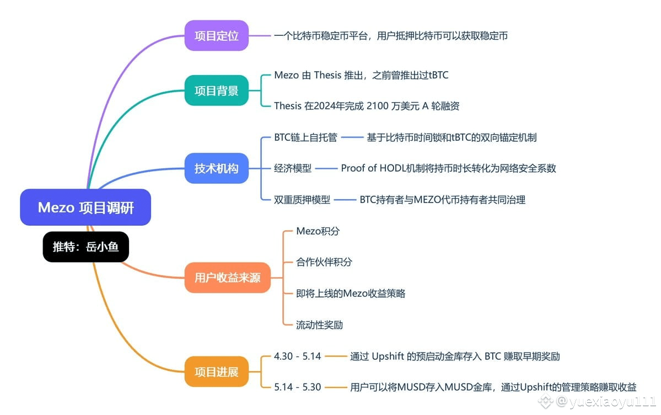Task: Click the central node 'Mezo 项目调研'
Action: click(85, 208)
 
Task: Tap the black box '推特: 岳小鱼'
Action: click(85, 247)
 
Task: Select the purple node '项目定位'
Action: click(216, 35)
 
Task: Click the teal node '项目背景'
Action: click(216, 91)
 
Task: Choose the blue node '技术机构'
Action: click(216, 168)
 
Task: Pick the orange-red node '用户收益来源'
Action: click(227, 278)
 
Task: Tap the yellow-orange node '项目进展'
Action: click(216, 371)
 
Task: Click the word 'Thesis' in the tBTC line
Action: click(327, 75)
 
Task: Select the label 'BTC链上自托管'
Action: click(305, 137)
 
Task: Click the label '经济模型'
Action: click(293, 168)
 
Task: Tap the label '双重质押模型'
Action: click(302, 200)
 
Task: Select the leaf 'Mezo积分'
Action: click(318, 231)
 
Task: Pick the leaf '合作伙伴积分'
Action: click(324, 262)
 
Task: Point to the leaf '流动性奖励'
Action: click(320, 324)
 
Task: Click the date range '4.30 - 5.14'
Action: click(298, 357)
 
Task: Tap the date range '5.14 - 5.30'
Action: click(298, 387)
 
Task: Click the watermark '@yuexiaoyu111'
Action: click(605, 402)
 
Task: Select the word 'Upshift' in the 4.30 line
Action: click(388, 357)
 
